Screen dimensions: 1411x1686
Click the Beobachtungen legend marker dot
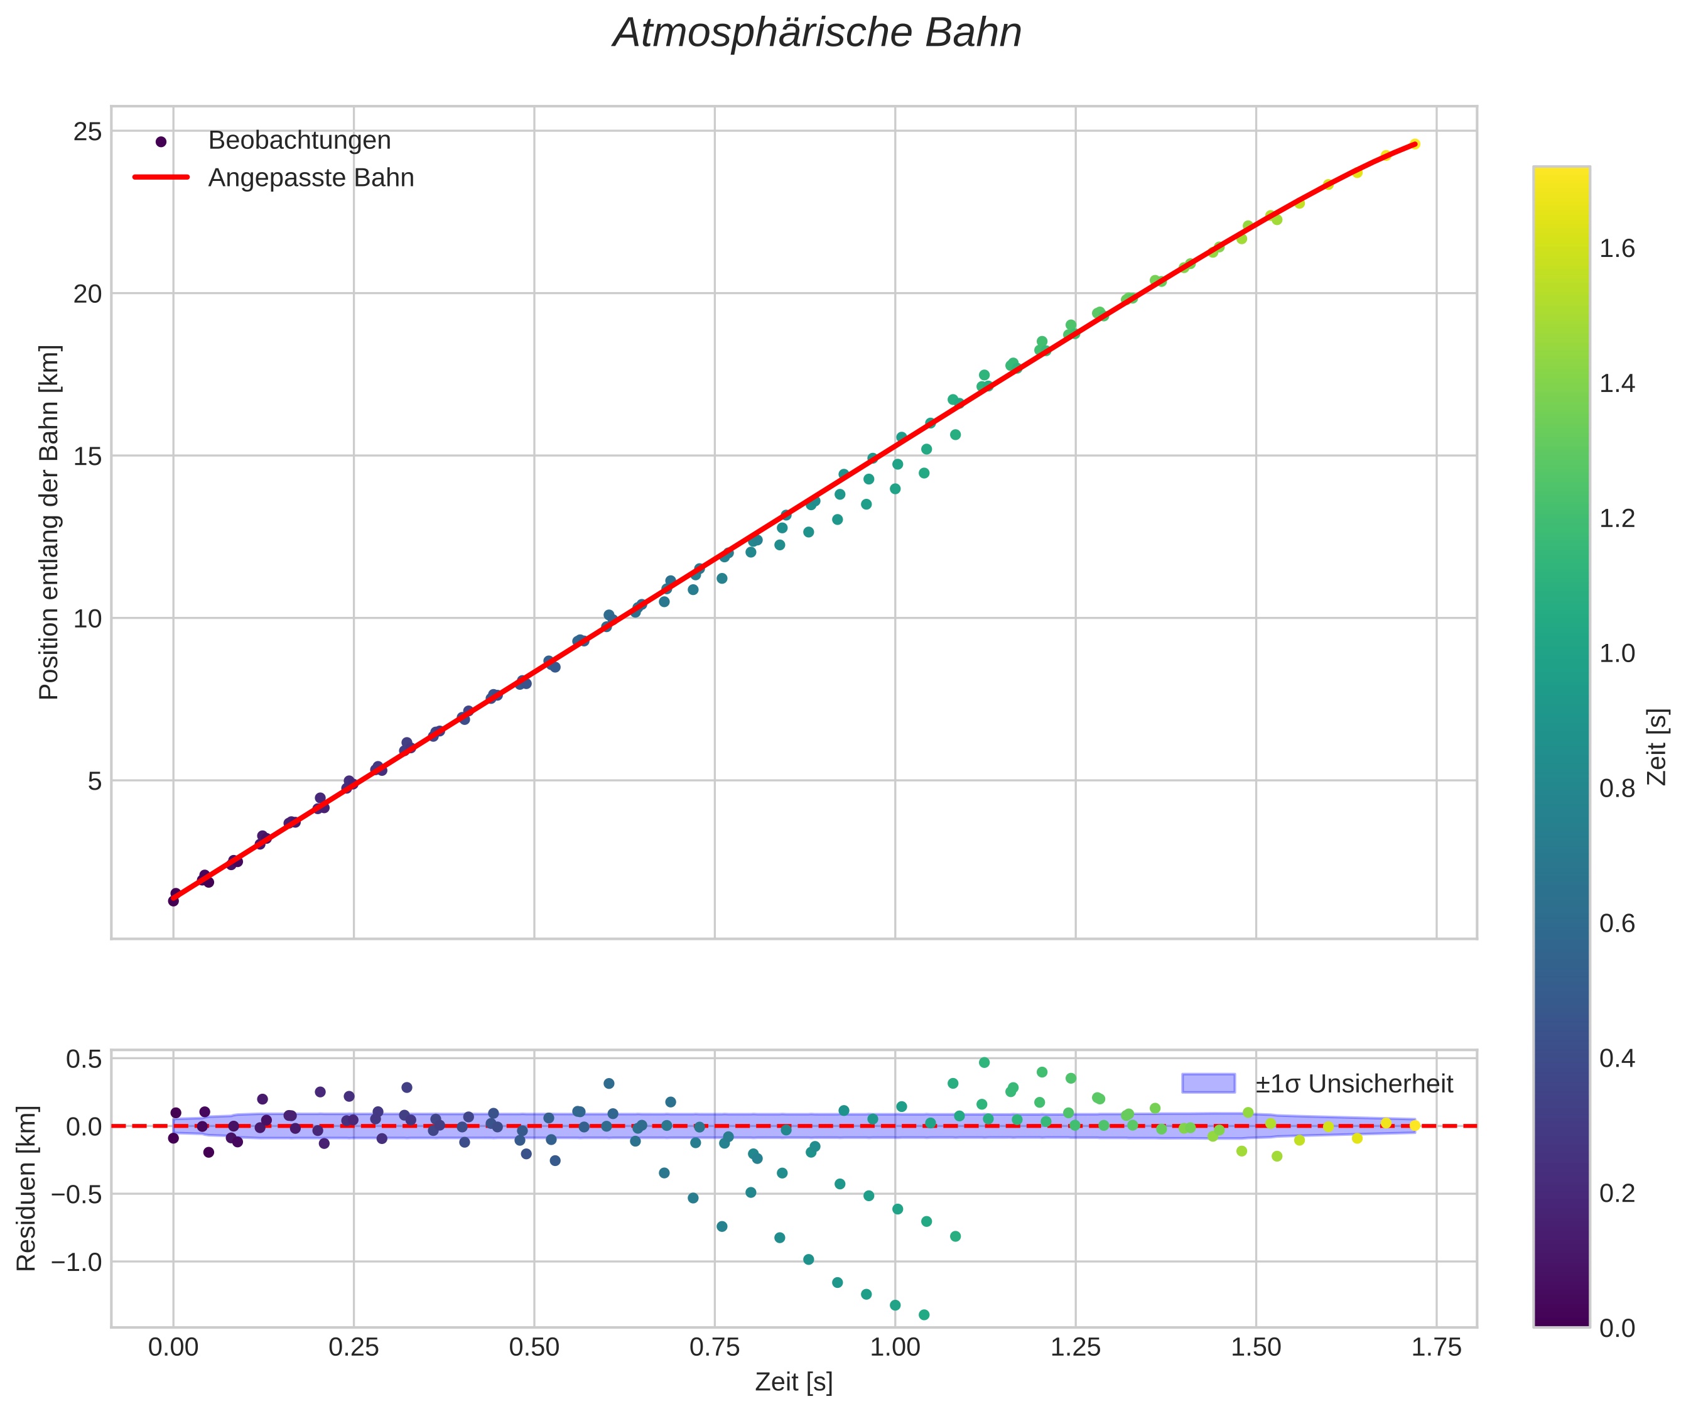pos(161,141)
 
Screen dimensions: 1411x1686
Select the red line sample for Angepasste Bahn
pos(161,178)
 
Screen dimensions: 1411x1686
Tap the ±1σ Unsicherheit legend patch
pos(1208,1083)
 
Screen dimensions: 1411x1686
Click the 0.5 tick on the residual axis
pos(84,1059)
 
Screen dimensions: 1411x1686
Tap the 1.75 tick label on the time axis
pos(1435,1348)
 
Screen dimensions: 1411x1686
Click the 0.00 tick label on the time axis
pos(173,1348)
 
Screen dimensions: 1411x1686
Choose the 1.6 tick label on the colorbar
pos(1617,249)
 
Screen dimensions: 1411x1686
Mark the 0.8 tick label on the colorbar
pos(1617,788)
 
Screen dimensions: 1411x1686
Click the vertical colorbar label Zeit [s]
pos(1657,747)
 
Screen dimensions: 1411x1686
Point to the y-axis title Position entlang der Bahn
pos(49,522)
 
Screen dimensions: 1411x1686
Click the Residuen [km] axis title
pos(26,1189)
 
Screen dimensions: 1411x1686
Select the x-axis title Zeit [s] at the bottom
pos(793,1382)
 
